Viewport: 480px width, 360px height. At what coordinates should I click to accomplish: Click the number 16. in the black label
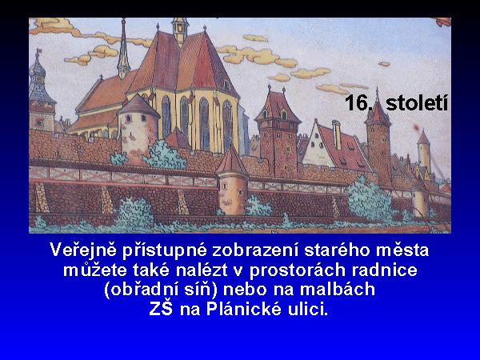pyautogui.click(x=358, y=102)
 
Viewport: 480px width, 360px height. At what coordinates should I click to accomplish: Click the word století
pyautogui.click(x=417, y=102)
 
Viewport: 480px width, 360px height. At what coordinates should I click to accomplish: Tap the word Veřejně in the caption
pyautogui.click(x=83, y=250)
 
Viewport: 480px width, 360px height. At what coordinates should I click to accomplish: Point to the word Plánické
pyautogui.click(x=244, y=309)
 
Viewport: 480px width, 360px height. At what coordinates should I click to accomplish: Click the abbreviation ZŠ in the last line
pyautogui.click(x=161, y=308)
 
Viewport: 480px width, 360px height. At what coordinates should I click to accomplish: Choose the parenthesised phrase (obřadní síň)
pyautogui.click(x=161, y=290)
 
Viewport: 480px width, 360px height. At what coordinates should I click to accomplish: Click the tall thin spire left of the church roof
pyautogui.click(x=123, y=48)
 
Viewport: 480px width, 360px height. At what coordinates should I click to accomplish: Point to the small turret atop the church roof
pyautogui.click(x=180, y=30)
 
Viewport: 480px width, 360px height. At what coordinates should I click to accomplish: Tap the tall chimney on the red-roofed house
pyautogui.click(x=337, y=134)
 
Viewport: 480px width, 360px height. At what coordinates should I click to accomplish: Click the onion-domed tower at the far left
pyautogui.click(x=42, y=92)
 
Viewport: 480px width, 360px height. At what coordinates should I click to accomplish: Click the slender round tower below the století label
pyautogui.click(x=378, y=138)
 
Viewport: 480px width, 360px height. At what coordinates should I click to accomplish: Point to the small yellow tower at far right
pyautogui.click(x=424, y=151)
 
